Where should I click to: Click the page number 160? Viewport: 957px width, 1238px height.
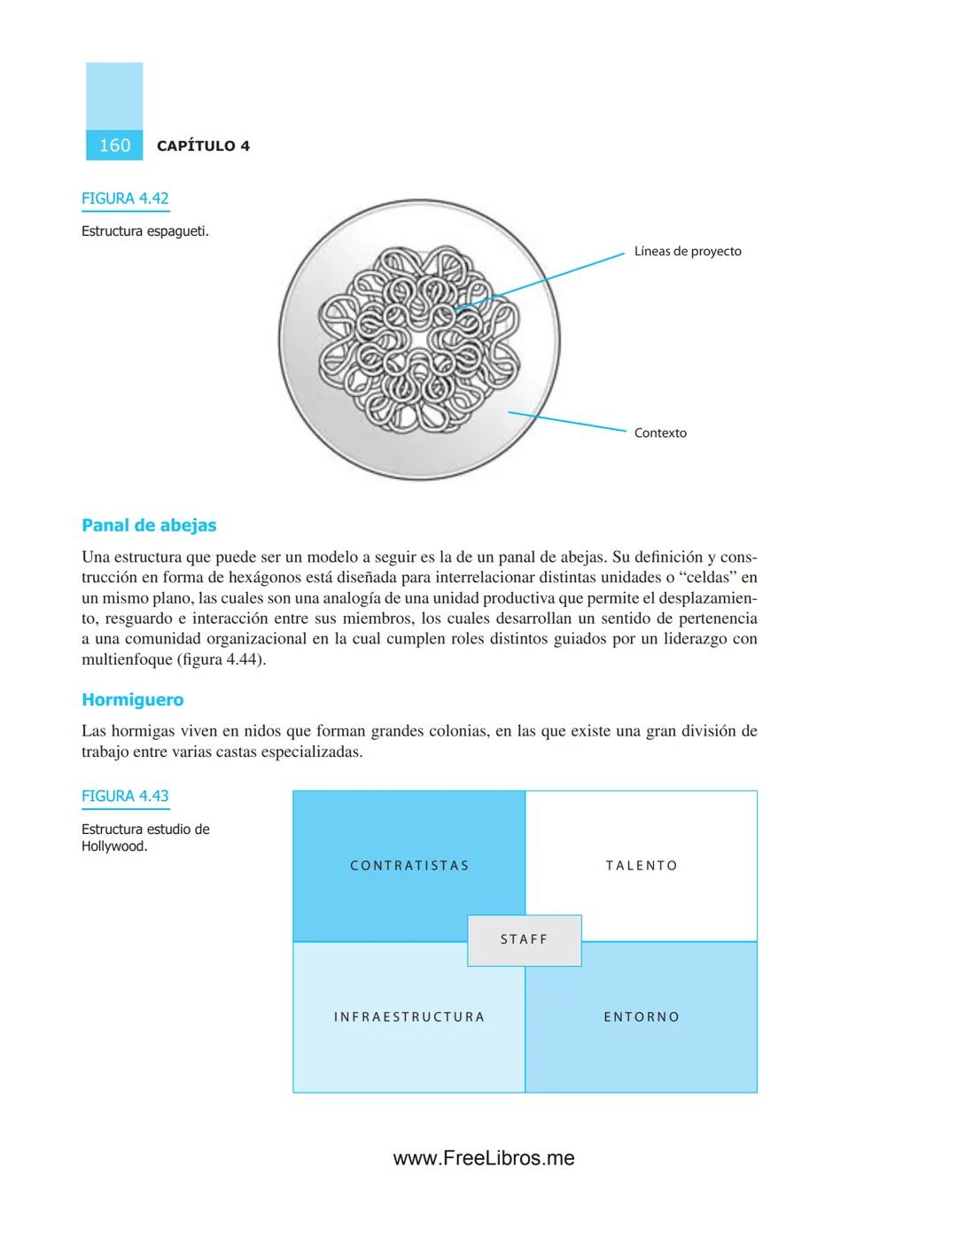(x=114, y=145)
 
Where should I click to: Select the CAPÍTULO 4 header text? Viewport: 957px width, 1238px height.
(x=203, y=146)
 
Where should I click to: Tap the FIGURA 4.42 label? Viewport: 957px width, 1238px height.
(x=125, y=199)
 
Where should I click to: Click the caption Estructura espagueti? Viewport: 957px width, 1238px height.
(x=145, y=231)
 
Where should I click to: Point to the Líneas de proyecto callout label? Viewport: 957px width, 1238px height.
(x=688, y=252)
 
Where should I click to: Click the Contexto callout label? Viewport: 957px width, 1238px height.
(x=660, y=433)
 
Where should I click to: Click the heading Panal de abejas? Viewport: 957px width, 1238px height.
(x=149, y=526)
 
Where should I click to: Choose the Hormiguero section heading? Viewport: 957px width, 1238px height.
(x=133, y=700)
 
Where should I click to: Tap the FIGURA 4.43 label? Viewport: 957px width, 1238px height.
(x=125, y=796)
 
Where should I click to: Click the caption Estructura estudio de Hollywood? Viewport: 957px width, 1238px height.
(x=145, y=837)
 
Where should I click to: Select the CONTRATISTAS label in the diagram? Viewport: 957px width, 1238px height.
(x=409, y=866)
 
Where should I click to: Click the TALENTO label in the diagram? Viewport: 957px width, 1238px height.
(x=642, y=866)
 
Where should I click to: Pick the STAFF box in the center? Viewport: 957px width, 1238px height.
(x=525, y=939)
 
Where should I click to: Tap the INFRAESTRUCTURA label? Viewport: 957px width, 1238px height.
(x=409, y=1017)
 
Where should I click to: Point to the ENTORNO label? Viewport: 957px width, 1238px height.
(x=642, y=1017)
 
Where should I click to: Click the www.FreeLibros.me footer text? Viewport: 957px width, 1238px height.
(x=484, y=1158)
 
